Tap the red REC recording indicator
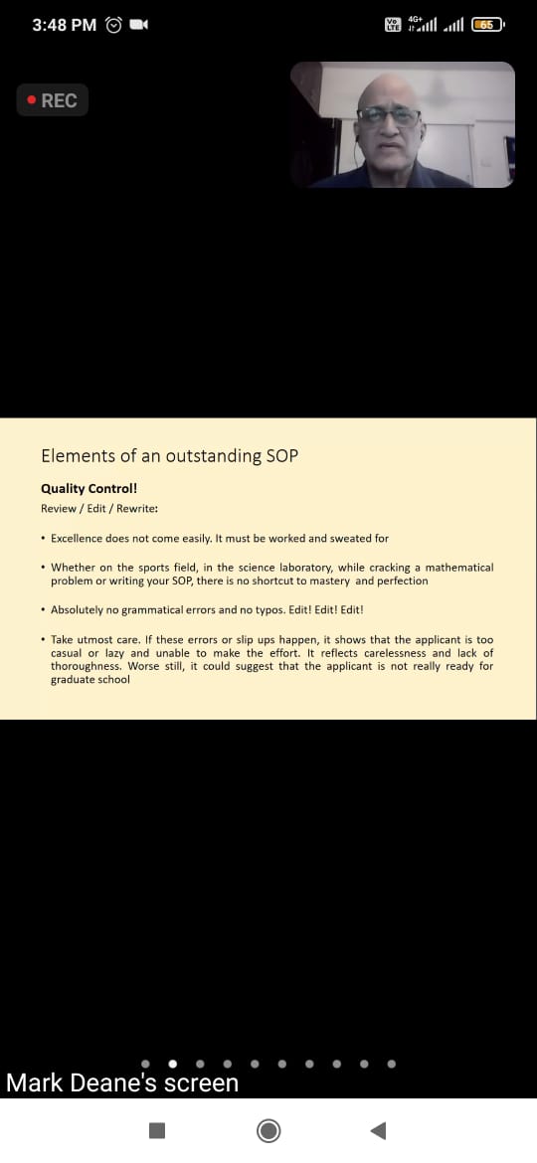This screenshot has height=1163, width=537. coord(52,100)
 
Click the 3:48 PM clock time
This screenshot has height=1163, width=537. coord(65,25)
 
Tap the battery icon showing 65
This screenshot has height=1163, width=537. coord(487,25)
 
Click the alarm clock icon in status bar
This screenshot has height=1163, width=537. coord(113,25)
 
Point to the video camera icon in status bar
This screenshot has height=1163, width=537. coord(138,25)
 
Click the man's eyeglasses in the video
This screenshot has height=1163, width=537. coord(389,115)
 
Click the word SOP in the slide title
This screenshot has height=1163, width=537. coord(281,455)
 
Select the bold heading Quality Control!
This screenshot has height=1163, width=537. coord(89,489)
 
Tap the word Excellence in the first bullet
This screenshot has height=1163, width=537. coord(76,539)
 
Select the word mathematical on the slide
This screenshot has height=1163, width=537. coord(459,568)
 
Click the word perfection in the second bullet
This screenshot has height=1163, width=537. coord(402,581)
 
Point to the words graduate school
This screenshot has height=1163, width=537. coord(90,679)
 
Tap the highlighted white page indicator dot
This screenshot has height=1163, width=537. coord(173,1064)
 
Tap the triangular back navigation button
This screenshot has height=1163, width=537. coord(378,1130)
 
